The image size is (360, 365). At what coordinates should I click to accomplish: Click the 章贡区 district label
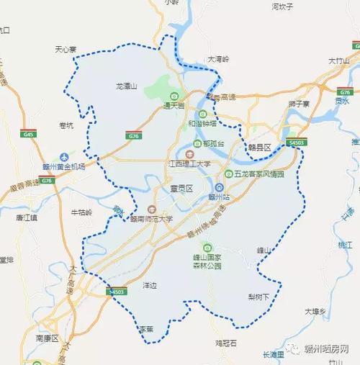[x=174, y=188]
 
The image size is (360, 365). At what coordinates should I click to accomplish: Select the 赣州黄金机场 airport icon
[x=66, y=157]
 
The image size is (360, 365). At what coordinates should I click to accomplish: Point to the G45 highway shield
[x=30, y=134]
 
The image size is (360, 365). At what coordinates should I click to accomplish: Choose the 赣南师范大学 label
[x=148, y=218]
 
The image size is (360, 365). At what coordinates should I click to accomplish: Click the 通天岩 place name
[x=174, y=106]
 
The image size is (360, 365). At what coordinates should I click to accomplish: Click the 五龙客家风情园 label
[x=258, y=174]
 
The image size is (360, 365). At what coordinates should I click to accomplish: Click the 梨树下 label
[x=257, y=296]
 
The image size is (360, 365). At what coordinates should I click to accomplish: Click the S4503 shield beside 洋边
[x=117, y=292]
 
